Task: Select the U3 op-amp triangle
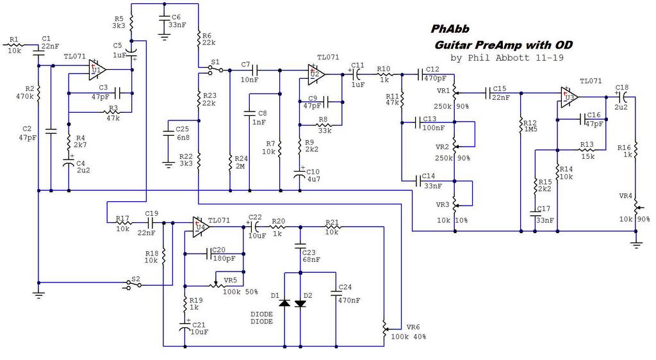point(570,97)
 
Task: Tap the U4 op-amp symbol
point(201,227)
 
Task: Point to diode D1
point(284,303)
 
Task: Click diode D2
point(300,303)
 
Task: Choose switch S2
point(134,284)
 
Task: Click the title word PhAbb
point(450,29)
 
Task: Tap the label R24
point(241,158)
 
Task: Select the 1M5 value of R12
point(530,129)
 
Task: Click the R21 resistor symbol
point(333,227)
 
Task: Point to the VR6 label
point(413,327)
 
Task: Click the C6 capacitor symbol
point(165,19)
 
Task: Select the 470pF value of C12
point(436,78)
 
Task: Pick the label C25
point(182,129)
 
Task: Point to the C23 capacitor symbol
point(300,245)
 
